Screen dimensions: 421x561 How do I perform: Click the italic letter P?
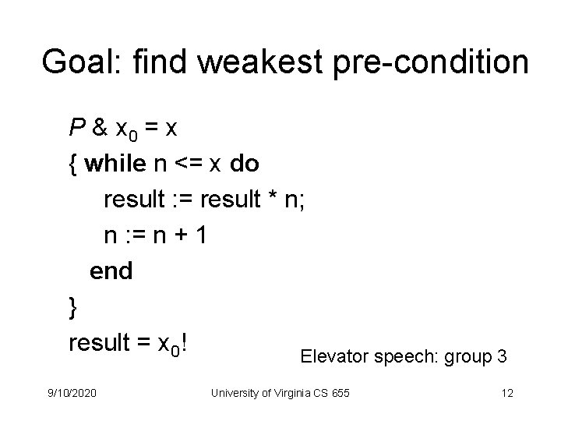pyautogui.click(x=76, y=128)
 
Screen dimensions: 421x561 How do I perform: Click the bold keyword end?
pyautogui.click(x=111, y=271)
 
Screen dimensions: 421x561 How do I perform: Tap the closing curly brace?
pyautogui.click(x=73, y=307)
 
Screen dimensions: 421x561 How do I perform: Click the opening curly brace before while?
pyautogui.click(x=72, y=165)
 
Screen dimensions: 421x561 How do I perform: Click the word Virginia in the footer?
pyautogui.click(x=292, y=394)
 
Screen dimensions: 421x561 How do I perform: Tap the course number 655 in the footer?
pyautogui.click(x=340, y=394)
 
